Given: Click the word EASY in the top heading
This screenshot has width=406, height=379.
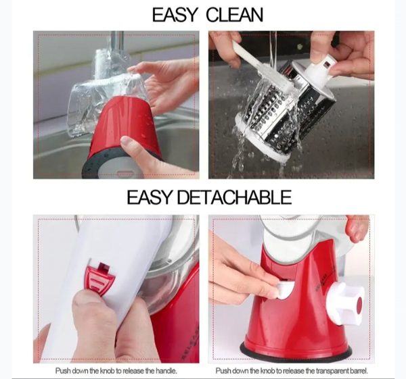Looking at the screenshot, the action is click(x=174, y=15).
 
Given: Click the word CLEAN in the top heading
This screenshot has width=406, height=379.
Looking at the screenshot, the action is click(x=235, y=15).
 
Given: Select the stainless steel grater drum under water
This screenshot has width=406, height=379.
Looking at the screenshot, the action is click(x=286, y=111).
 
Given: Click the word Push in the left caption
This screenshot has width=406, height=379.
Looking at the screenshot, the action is click(x=62, y=371).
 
